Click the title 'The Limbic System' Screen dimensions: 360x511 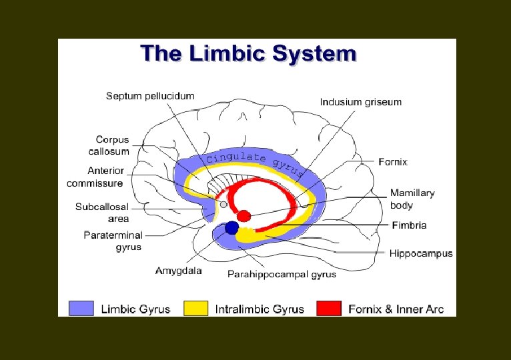coord(248,53)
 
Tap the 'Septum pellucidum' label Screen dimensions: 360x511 coord(150,96)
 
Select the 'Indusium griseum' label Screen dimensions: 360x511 coord(361,102)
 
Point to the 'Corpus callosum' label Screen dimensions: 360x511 coord(112,145)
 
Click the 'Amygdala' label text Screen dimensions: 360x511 coord(178,271)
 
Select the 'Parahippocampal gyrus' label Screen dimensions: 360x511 coord(282,274)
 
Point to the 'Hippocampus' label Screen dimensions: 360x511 coord(422,253)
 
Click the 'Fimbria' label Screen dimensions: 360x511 coord(409,225)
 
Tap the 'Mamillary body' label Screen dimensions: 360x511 coord(412,199)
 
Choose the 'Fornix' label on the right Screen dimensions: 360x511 coord(392,162)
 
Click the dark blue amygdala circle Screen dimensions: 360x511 coord(231,228)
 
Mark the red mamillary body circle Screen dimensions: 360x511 coord(244,216)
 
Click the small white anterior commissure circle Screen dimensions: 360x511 coord(223,205)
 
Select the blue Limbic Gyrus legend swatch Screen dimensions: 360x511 coord(81,309)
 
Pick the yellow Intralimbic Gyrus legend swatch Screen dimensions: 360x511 coord(195,309)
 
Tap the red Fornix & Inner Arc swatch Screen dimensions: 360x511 coord(328,309)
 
